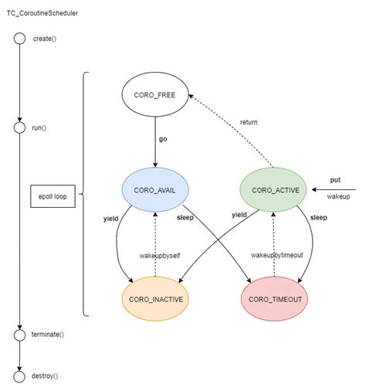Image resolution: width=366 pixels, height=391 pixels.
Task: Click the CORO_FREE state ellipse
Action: [155, 97]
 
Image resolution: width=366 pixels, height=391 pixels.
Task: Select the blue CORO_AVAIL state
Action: [155, 189]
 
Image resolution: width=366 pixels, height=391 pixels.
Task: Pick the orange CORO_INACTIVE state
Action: [155, 298]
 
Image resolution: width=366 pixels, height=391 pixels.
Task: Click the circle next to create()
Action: [19, 39]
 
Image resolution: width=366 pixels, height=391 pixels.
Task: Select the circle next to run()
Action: [19, 127]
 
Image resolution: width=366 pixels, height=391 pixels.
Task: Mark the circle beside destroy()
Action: [19, 376]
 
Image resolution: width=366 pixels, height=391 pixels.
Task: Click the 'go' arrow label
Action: [163, 139]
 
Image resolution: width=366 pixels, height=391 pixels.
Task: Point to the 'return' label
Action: [249, 122]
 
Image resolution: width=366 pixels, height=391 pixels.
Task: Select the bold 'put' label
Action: [334, 179]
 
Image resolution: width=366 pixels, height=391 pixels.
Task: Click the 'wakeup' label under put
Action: [338, 197]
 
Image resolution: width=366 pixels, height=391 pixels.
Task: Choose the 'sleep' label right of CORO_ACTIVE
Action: [319, 218]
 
